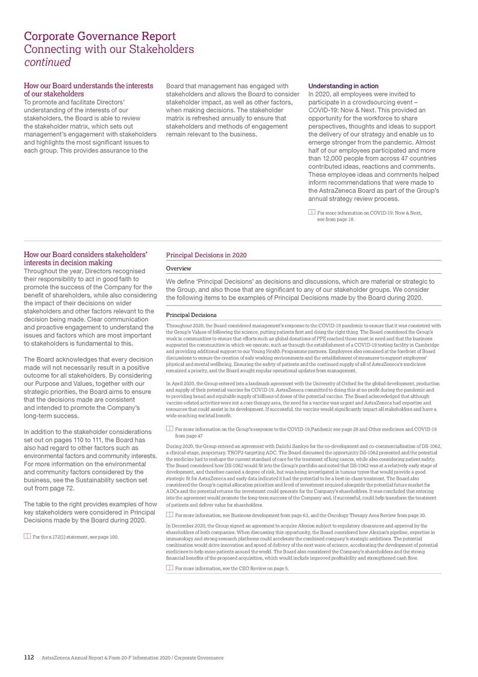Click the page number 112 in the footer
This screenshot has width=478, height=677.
pyautogui.click(x=28, y=657)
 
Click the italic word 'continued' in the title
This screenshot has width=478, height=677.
pyautogui.click(x=48, y=61)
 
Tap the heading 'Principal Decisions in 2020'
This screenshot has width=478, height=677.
pyautogui.click(x=205, y=255)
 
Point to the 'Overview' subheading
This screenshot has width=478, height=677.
pyautogui.click(x=178, y=268)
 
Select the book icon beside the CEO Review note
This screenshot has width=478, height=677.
pyautogui.click(x=169, y=568)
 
